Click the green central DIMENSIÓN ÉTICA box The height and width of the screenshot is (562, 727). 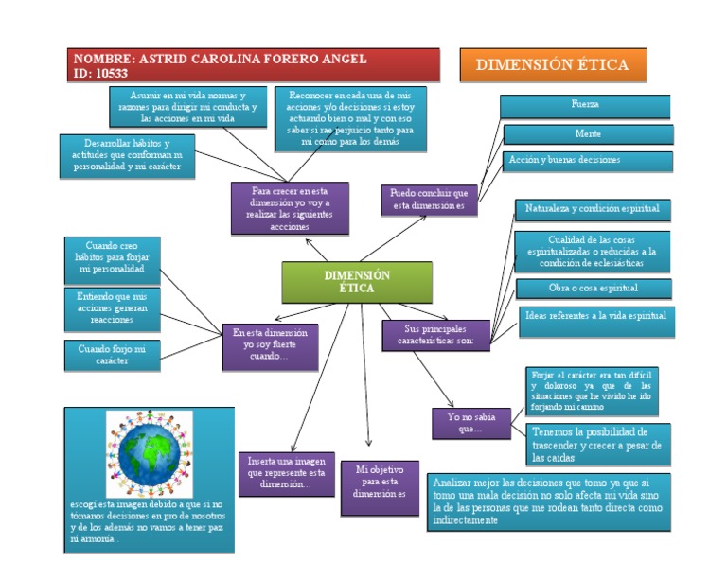coord(357,282)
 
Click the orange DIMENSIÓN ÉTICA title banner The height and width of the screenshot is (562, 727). coord(552,65)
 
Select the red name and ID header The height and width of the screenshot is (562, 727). coord(255,65)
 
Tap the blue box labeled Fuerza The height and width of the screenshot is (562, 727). coord(585,105)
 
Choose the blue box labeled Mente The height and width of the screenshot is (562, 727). coord(588,134)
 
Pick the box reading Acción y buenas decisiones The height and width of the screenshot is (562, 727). coord(587,161)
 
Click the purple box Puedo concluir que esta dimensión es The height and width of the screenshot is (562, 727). coord(429,200)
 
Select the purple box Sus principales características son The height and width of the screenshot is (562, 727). coord(435,334)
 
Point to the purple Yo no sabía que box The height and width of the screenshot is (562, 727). coord(470,423)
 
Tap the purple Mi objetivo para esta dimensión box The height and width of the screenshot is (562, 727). coord(380,486)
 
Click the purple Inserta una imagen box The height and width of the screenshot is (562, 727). coord(286,472)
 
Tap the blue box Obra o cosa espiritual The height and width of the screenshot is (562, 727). coord(594,289)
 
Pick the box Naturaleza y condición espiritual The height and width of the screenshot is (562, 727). coord(593,209)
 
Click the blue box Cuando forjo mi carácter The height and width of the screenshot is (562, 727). coord(112,355)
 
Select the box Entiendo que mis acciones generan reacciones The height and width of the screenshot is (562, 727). coord(112,308)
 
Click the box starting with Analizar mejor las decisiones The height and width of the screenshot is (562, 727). coord(548,501)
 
